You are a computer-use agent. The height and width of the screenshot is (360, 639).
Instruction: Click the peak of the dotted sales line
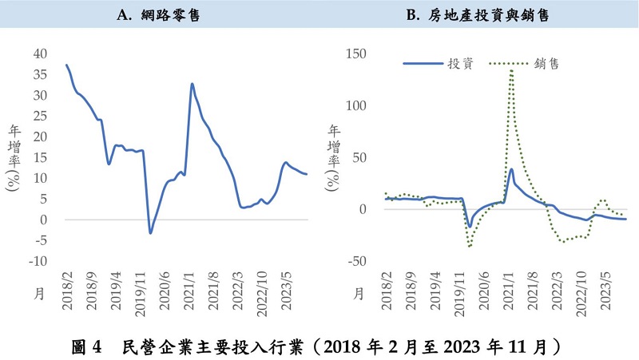pyautogui.click(x=511, y=70)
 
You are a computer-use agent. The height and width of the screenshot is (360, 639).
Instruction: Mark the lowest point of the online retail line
pyautogui.click(x=150, y=233)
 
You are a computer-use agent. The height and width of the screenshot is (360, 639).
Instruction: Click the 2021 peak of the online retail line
pyautogui.click(x=192, y=84)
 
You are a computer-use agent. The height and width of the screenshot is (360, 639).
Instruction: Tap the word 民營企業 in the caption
pyautogui.click(x=148, y=347)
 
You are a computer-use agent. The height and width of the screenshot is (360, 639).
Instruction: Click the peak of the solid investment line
pyautogui.click(x=511, y=169)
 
